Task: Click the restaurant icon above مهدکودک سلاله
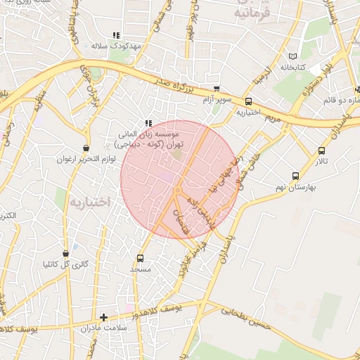click(117, 34)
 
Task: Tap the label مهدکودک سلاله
click(117, 45)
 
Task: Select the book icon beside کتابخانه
click(293, 57)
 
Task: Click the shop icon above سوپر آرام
click(216, 89)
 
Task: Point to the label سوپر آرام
click(216, 99)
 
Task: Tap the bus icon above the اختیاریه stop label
click(248, 101)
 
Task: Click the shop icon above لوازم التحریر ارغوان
click(86, 148)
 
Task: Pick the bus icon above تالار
click(322, 150)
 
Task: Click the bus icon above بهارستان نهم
click(295, 176)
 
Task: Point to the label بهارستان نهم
click(295, 187)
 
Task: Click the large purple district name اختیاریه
click(90, 202)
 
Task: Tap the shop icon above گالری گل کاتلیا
click(66, 253)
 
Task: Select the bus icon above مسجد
click(140, 258)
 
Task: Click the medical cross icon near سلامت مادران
click(104, 318)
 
